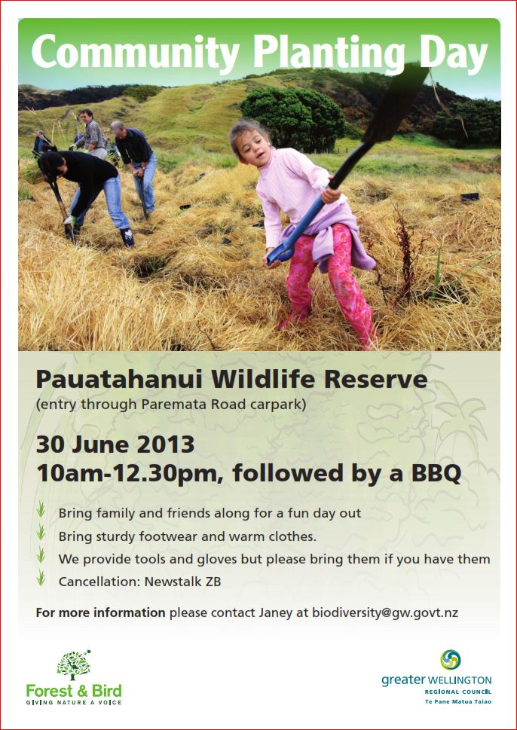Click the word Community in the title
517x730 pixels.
tap(135, 52)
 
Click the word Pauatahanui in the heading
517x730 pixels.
tap(120, 380)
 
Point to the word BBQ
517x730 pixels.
tap(436, 474)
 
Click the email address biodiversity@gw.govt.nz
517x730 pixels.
tap(384, 612)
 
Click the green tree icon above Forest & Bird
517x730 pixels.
tap(74, 665)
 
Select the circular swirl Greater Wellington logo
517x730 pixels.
tap(451, 660)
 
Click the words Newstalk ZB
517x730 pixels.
tap(182, 582)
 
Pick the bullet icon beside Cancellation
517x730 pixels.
tap(41, 578)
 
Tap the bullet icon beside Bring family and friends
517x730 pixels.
tap(41, 509)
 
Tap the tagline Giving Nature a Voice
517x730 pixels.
tap(74, 702)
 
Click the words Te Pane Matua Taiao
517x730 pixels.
tap(458, 701)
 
